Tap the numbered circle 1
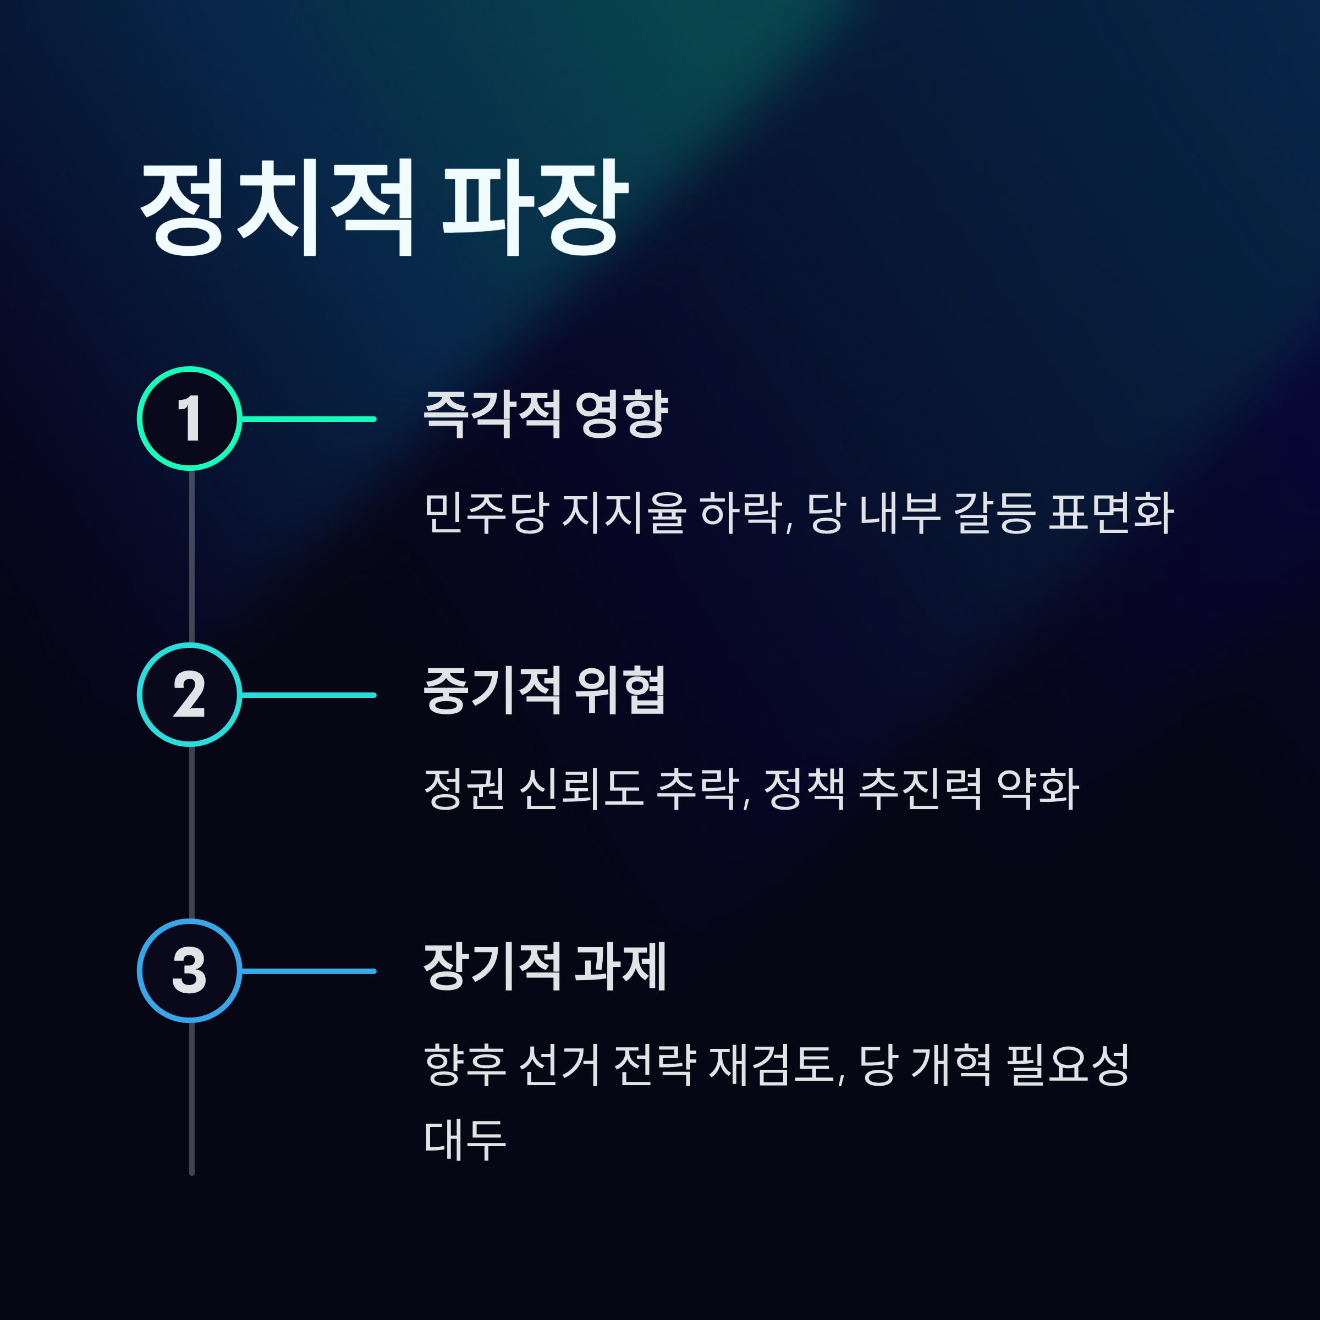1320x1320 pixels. coord(190,419)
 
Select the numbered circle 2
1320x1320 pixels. coord(190,695)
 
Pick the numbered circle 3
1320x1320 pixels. coord(190,971)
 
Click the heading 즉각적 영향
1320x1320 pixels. coord(545,414)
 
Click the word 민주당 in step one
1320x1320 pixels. coord(486,513)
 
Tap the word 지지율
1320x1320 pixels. coord(624,513)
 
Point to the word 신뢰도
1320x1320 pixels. coord(581,789)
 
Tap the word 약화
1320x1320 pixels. coord(1038,789)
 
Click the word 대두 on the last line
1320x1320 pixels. coord(465,1140)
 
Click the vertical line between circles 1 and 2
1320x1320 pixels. coord(192,557)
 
